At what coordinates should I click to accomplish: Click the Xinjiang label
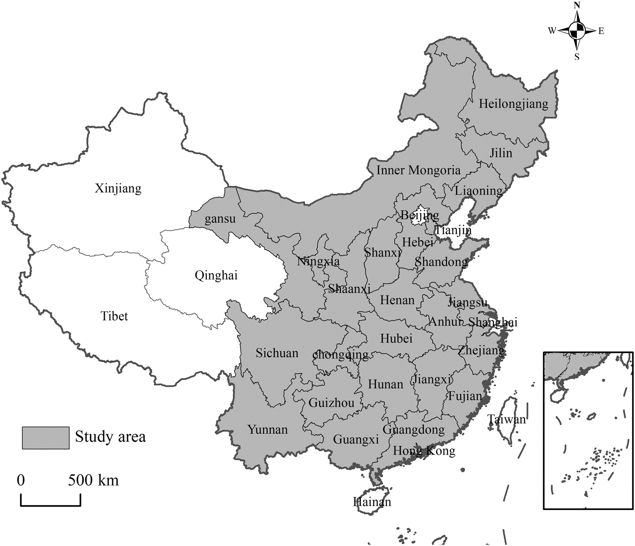[118, 188]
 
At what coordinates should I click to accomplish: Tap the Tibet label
[114, 316]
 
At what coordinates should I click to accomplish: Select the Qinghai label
[216, 276]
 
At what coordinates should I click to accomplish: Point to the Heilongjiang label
[513, 104]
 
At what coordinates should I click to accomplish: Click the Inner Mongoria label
[418, 170]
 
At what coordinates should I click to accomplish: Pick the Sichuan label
[277, 353]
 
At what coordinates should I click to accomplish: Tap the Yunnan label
[268, 430]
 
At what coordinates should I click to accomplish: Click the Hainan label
[372, 502]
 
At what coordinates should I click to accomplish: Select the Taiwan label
[506, 419]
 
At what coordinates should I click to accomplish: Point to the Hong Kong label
[424, 451]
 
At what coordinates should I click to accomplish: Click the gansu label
[220, 219]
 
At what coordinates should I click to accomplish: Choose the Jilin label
[501, 153]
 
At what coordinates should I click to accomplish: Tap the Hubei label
[396, 338]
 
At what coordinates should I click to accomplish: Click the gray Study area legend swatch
[45, 438]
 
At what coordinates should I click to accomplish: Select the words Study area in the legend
[110, 437]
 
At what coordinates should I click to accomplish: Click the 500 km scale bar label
[94, 480]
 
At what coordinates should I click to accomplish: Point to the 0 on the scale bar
[21, 480]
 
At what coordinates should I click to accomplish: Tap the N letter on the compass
[577, 6]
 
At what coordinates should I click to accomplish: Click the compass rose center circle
[577, 30]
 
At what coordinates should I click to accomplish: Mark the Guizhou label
[331, 402]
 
